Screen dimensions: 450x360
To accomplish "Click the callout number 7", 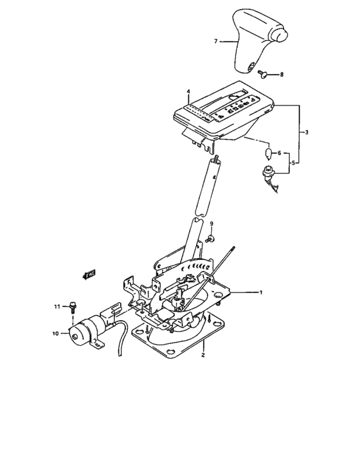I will pos(217,41).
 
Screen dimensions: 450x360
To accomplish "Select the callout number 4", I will pos(188,91).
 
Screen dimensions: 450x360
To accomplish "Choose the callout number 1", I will pos(261,292).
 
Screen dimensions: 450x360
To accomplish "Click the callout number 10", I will pos(55,333).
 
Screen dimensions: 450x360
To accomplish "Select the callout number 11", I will pos(57,307).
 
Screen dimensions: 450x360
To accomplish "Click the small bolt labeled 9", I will pos(211,239).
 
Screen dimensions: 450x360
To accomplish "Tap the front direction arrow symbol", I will pos(89,274).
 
